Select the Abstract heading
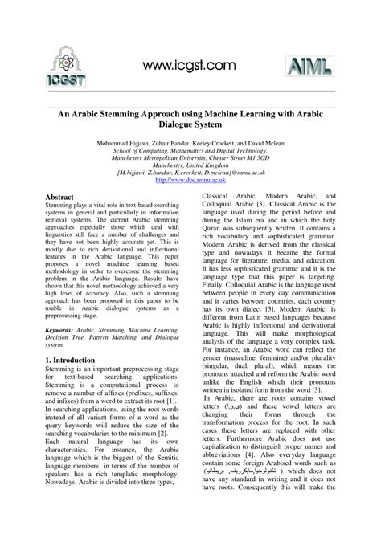click(x=59, y=197)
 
